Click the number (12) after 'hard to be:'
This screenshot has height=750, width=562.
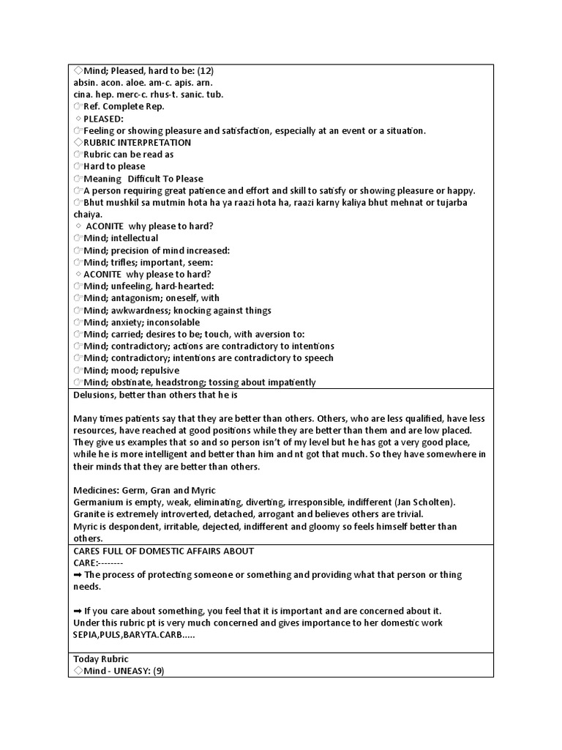[204, 71]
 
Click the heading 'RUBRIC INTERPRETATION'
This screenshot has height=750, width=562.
[137, 143]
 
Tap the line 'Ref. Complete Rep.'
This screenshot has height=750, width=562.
[123, 107]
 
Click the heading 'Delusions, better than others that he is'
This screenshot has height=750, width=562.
[157, 395]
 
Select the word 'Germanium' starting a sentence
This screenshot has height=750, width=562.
[97, 502]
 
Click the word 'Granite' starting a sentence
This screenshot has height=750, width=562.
[89, 514]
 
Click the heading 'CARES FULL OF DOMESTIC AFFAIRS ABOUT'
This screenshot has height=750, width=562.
[163, 551]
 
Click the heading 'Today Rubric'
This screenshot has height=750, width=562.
[101, 659]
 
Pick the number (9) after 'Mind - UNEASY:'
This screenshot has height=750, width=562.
[157, 671]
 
